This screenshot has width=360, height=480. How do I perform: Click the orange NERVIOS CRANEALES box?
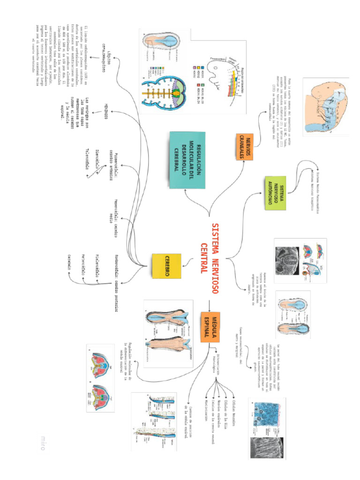point(244,147)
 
